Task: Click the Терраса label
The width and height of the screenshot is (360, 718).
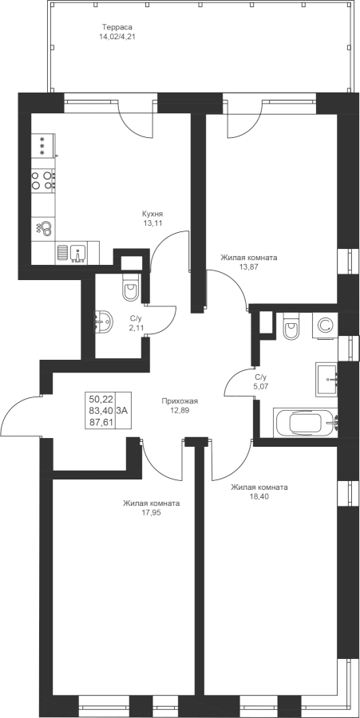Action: pyautogui.click(x=117, y=26)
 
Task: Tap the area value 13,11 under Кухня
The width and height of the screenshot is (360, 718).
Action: pyautogui.click(x=152, y=223)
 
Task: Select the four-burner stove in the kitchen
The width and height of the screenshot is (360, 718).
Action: pyautogui.click(x=43, y=179)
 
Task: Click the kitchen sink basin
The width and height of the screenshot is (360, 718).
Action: pyautogui.click(x=78, y=254)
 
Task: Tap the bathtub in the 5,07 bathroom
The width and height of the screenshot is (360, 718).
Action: pyautogui.click(x=306, y=423)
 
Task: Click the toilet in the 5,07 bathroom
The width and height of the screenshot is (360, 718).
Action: pyautogui.click(x=292, y=326)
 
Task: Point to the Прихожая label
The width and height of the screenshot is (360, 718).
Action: pyautogui.click(x=180, y=401)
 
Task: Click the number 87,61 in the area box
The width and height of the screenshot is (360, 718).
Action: pyautogui.click(x=101, y=422)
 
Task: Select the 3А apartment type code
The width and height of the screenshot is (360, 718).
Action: pyautogui.click(x=122, y=410)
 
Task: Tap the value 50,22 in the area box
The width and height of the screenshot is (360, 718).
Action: pyautogui.click(x=101, y=399)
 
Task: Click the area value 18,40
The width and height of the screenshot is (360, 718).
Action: pyautogui.click(x=259, y=496)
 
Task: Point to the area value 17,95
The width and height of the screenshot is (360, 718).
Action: pyautogui.click(x=151, y=512)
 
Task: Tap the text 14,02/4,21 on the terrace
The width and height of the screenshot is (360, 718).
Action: pyautogui.click(x=117, y=35)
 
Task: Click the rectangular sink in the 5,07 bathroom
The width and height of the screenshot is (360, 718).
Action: pyautogui.click(x=326, y=380)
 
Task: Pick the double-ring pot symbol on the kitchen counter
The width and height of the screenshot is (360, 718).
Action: pyautogui.click(x=45, y=227)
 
